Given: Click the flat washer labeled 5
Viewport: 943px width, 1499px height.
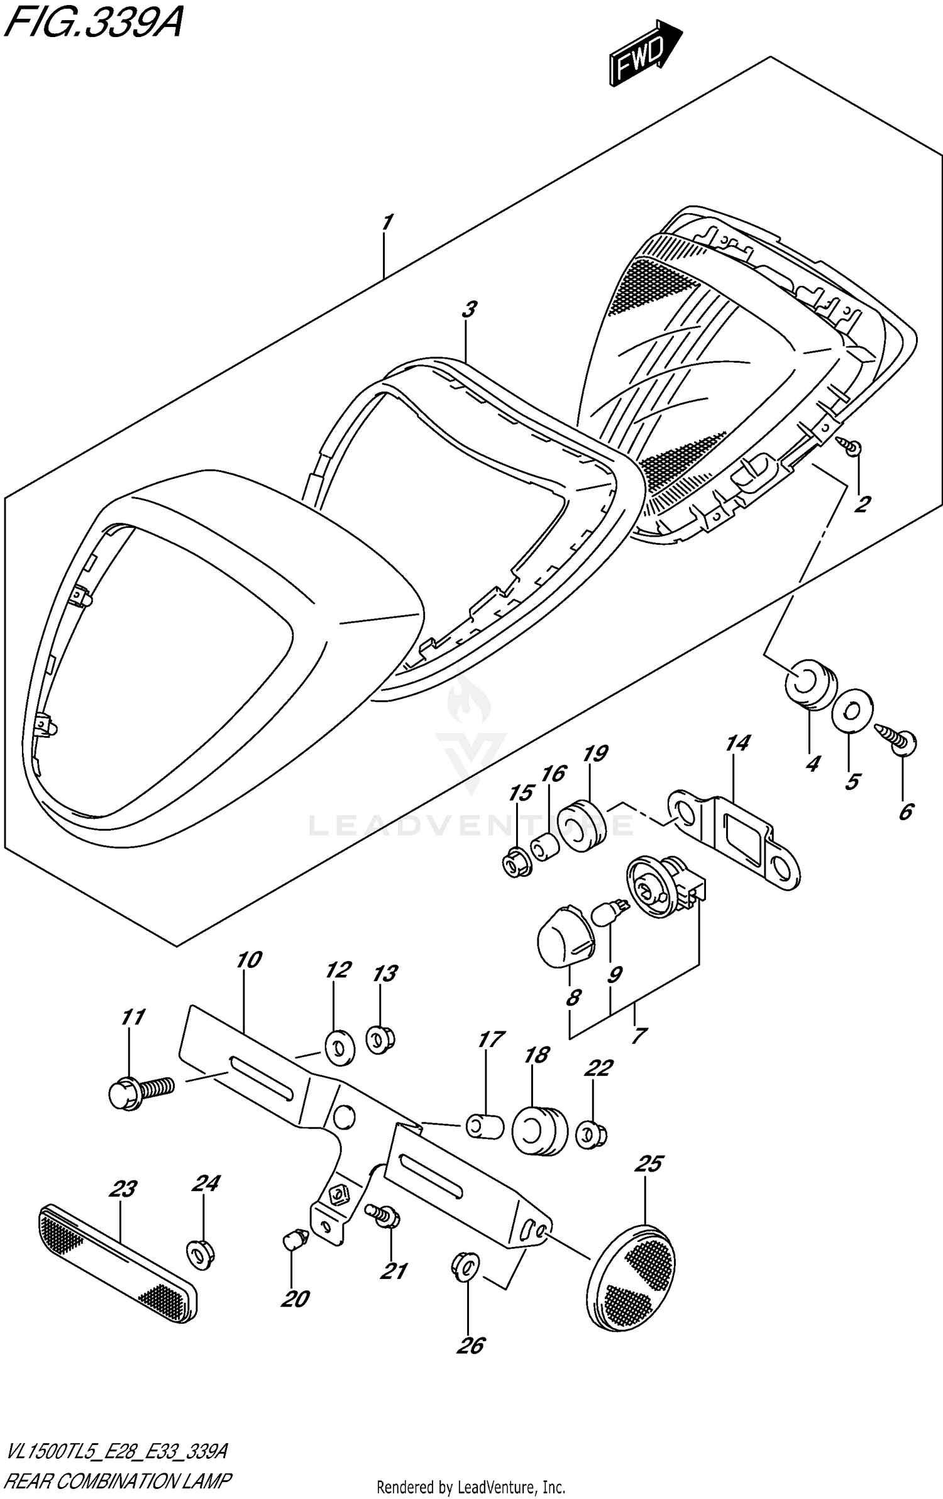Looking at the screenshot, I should [851, 711].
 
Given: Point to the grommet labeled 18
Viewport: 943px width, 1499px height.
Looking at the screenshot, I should [539, 1131].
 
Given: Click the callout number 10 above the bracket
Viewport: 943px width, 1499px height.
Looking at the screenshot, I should [249, 960].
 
